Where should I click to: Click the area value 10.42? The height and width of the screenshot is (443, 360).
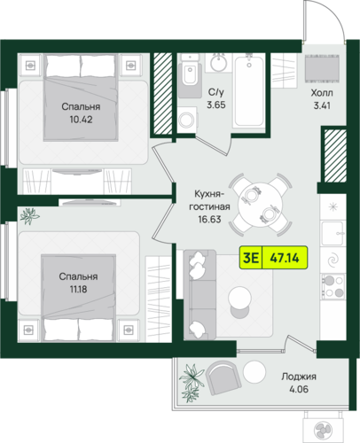tap(81, 120)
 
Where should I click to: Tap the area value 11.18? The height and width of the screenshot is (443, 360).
tap(78, 289)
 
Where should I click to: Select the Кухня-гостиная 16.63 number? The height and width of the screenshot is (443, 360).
tap(209, 219)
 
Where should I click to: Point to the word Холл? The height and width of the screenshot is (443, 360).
tap(322, 93)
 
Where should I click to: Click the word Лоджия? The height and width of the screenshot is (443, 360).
tap(299, 377)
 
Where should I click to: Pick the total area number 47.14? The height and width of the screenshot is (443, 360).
tap(285, 258)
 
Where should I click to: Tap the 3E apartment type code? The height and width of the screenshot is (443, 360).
tap(251, 258)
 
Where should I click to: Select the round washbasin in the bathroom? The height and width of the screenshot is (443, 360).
tap(219, 63)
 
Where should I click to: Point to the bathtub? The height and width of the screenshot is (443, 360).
tap(249, 91)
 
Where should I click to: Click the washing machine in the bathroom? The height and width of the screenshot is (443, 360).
tap(187, 120)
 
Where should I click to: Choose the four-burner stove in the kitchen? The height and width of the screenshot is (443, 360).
tap(333, 286)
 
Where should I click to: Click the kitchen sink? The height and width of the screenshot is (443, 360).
tap(333, 233)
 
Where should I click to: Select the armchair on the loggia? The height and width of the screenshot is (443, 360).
tap(223, 377)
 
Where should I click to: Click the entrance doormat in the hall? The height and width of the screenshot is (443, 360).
tap(322, 68)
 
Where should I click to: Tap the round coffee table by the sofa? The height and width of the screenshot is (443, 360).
tap(239, 298)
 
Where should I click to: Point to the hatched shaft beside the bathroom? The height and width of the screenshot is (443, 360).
tap(162, 93)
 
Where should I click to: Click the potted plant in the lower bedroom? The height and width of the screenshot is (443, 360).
tap(29, 216)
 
